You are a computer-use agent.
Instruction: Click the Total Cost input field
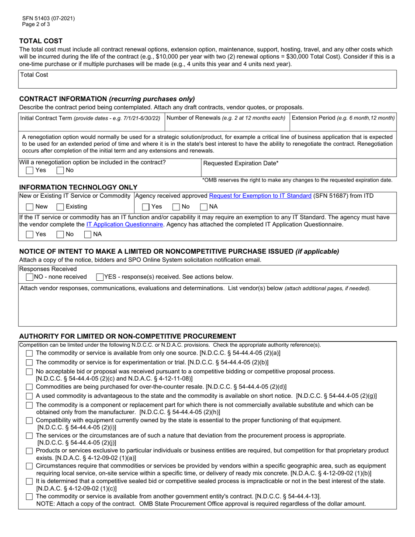[x=207, y=82]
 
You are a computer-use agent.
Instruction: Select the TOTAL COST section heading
[x=41, y=41]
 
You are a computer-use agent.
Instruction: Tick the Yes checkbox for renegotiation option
[x=29, y=170]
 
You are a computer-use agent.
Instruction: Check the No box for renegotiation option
[x=59, y=170]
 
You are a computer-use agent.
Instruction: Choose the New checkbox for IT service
[x=29, y=206]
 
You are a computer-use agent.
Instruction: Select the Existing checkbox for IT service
[x=61, y=206]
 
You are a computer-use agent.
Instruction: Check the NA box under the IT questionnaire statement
[x=88, y=234]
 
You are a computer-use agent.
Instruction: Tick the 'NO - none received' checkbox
[x=29, y=277]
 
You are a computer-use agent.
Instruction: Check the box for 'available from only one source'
[x=29, y=353]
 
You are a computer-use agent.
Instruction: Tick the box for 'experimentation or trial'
[x=29, y=362]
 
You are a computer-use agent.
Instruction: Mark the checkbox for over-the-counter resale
[x=29, y=387]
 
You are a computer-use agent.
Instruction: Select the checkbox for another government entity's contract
[x=29, y=497]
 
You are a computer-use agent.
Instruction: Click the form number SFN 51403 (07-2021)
[x=48, y=18]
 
